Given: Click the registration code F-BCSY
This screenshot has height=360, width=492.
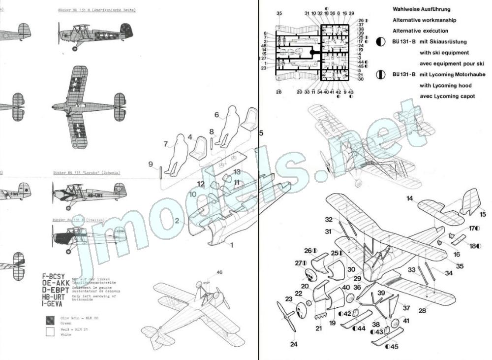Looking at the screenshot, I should pos(56,277).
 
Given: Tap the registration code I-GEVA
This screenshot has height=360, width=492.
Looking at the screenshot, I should pos(56,304).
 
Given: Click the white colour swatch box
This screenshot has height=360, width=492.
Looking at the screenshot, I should pos(49,332).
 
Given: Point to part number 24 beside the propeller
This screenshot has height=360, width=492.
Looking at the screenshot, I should pos(294,344).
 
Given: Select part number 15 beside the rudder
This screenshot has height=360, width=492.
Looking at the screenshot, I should pos(482,214).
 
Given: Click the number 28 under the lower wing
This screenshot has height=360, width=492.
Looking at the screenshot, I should pos(422,311).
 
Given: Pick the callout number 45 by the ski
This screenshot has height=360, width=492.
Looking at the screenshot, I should pos(395,346).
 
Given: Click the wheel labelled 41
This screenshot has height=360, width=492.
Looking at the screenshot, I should pos(395,324).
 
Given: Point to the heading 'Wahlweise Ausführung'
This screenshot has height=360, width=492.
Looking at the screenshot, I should pos(421,9).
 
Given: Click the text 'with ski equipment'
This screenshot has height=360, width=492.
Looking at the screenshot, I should pos(444,52).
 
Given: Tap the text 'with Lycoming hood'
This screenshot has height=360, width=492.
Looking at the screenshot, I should pos(445,85).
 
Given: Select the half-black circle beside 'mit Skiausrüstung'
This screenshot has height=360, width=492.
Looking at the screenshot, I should pos(380,42).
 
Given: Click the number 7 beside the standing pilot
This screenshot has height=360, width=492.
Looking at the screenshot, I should pos(166,144).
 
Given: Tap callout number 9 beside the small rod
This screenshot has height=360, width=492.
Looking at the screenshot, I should pos(151,164).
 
